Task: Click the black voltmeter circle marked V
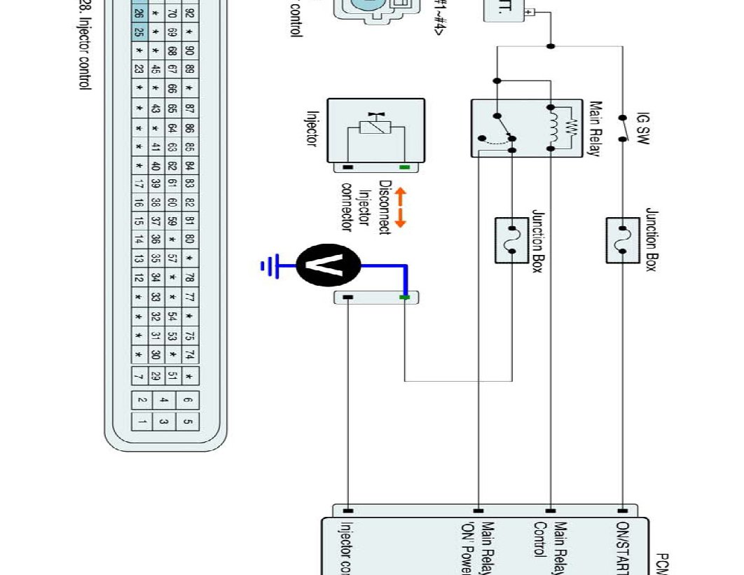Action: tap(329, 265)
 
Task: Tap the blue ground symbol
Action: tap(268, 265)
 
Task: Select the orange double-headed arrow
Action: tap(400, 207)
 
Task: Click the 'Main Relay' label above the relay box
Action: tap(595, 129)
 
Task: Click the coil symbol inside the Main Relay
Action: tap(553, 127)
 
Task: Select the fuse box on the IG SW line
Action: tap(624, 240)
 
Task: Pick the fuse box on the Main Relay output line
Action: tap(512, 240)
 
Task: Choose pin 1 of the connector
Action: tap(142, 422)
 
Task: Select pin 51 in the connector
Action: tap(172, 377)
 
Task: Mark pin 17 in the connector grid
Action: tap(139, 185)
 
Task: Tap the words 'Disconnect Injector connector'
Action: tap(365, 206)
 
